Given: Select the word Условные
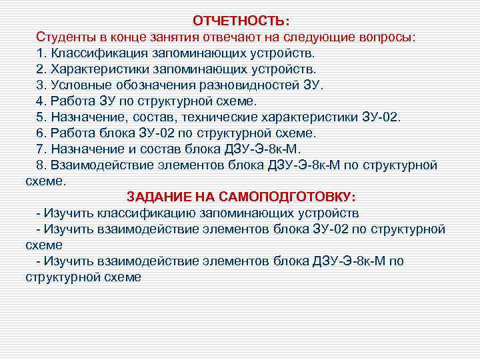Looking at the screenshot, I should [x=77, y=85].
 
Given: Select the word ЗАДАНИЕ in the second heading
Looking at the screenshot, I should [x=159, y=197].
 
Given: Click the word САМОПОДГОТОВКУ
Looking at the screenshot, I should [x=284, y=197].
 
